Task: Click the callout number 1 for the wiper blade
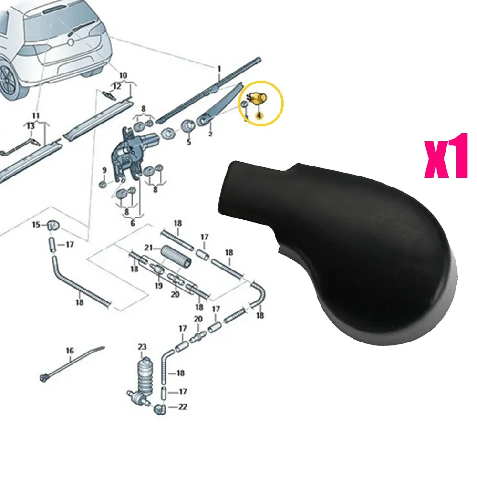219,70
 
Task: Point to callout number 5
188,142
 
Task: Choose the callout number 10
123,75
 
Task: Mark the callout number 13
30,126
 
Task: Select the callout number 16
70,351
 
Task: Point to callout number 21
149,248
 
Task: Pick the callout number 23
142,347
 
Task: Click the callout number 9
104,170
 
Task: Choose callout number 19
158,286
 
